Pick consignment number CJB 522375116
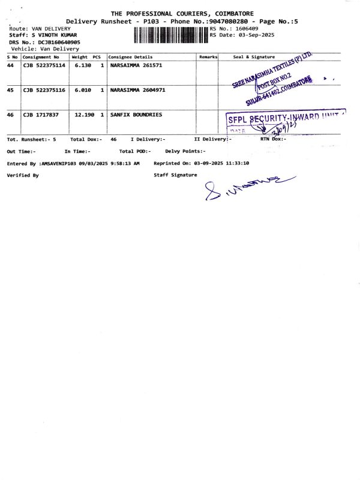coord(44,90)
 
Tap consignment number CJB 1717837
coord(41,114)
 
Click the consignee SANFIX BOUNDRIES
coord(136,114)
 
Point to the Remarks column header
coord(208,57)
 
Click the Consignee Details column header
coord(130,57)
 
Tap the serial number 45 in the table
coord(10,90)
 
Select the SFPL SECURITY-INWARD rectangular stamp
coord(285,123)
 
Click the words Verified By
coord(23,175)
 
